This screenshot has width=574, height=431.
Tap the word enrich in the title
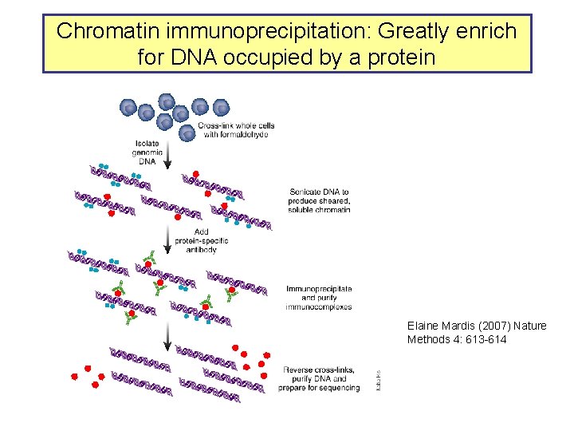[x=487, y=32]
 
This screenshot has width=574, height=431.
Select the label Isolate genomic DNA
[x=148, y=152]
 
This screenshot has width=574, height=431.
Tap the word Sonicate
[x=307, y=192]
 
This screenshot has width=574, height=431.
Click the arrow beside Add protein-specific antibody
[x=167, y=238]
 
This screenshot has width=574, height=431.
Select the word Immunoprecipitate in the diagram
[x=318, y=288]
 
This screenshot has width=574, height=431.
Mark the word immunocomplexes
[x=319, y=306]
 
